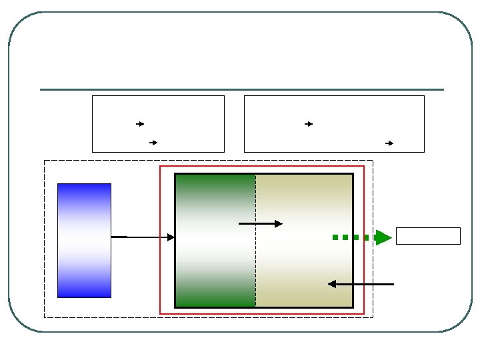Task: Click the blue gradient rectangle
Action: (x=84, y=240)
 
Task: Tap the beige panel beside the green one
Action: (x=304, y=200)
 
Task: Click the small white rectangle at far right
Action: (x=428, y=236)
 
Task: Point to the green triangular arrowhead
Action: (x=383, y=237)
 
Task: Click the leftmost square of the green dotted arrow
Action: (x=335, y=237)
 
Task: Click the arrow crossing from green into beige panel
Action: (x=260, y=224)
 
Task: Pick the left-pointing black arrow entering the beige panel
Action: (x=361, y=284)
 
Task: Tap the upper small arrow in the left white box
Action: (x=140, y=124)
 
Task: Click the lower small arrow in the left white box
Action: (x=153, y=143)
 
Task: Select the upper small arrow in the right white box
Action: (x=309, y=124)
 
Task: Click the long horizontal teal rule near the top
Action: (x=241, y=89)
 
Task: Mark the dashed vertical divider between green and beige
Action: (x=255, y=267)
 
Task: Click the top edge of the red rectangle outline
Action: (x=262, y=166)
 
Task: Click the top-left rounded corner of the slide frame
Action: (x=19, y=23)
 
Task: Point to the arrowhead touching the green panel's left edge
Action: (x=171, y=237)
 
